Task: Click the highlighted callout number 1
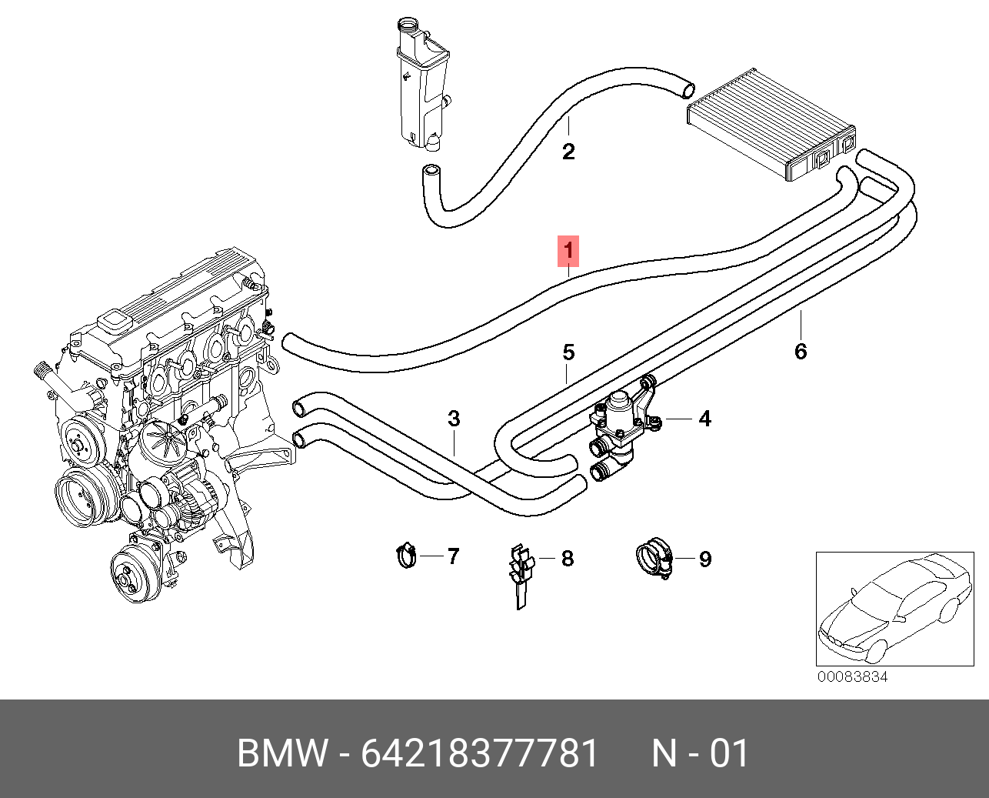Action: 568,251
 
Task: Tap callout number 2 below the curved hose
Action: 568,152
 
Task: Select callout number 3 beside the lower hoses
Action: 454,419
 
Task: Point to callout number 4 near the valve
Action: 704,419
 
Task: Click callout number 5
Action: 568,352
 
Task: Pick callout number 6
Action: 801,352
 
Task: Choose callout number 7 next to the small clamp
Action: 453,556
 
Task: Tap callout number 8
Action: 568,559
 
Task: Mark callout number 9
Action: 705,559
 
